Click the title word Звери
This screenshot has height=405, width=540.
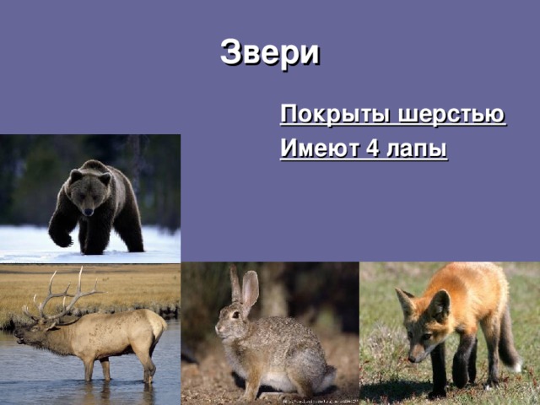tap(270, 52)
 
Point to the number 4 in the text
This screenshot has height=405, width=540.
tap(372, 150)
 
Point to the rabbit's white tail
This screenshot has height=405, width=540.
tap(324, 377)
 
